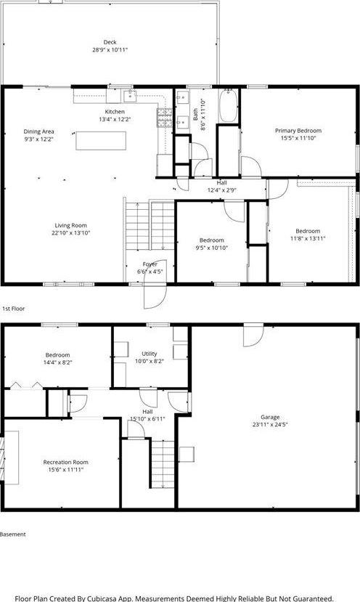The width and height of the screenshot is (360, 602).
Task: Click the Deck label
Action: (x=110, y=42)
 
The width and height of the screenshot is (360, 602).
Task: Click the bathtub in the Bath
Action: (x=228, y=107)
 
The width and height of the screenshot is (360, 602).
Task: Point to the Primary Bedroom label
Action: (x=298, y=131)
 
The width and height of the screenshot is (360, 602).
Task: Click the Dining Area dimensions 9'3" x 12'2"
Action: (x=38, y=139)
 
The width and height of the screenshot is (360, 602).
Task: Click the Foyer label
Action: (x=150, y=264)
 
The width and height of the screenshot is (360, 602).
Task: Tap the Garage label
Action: (x=266, y=418)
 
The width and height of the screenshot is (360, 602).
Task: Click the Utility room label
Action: (x=150, y=354)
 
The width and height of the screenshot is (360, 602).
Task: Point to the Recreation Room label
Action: (x=65, y=462)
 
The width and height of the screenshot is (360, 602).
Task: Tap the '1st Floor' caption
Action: (x=13, y=309)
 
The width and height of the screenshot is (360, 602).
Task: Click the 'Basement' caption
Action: (x=13, y=534)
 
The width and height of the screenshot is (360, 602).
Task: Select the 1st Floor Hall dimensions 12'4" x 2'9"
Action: (x=222, y=190)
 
